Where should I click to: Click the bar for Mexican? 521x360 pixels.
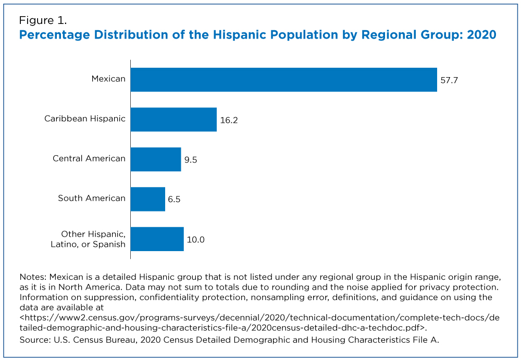click(283, 80)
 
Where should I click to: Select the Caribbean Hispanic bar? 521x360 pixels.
click(173, 119)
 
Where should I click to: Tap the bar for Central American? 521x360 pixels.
click(155, 159)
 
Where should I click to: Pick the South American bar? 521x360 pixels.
click(147, 199)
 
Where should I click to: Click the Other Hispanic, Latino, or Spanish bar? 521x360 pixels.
click(157, 239)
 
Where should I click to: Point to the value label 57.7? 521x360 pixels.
click(449, 80)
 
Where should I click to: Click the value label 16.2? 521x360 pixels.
click(229, 120)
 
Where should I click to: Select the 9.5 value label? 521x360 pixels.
click(191, 160)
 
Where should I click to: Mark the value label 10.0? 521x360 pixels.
click(196, 240)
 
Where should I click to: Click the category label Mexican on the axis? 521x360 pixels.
click(108, 79)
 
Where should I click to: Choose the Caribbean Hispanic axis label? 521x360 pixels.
click(85, 118)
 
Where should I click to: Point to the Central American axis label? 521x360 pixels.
click(89, 158)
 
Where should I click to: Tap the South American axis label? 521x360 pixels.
click(92, 198)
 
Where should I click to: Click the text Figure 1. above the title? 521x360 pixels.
click(43, 21)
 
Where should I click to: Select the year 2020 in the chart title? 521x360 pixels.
click(481, 35)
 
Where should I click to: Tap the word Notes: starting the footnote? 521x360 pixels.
click(32, 277)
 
